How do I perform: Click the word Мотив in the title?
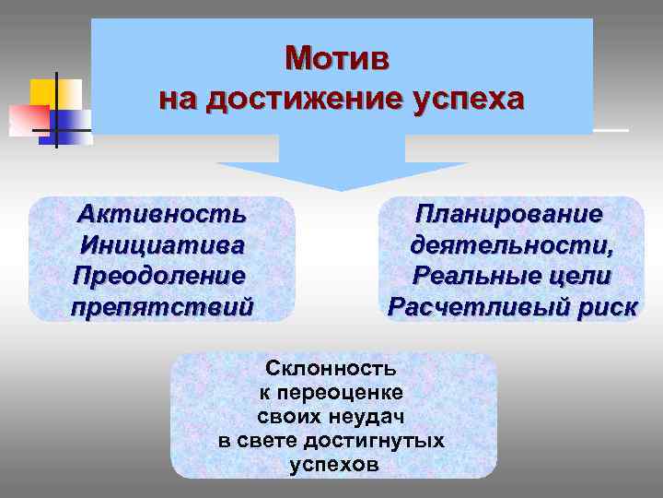[337, 58]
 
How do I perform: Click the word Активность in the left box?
[162, 215]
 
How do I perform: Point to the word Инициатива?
[162, 245]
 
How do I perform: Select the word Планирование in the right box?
[509, 214]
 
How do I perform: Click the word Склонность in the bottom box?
[331, 369]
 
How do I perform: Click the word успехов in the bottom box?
[333, 465]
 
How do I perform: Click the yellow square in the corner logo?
[48, 89]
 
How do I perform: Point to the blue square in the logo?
[72, 118]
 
